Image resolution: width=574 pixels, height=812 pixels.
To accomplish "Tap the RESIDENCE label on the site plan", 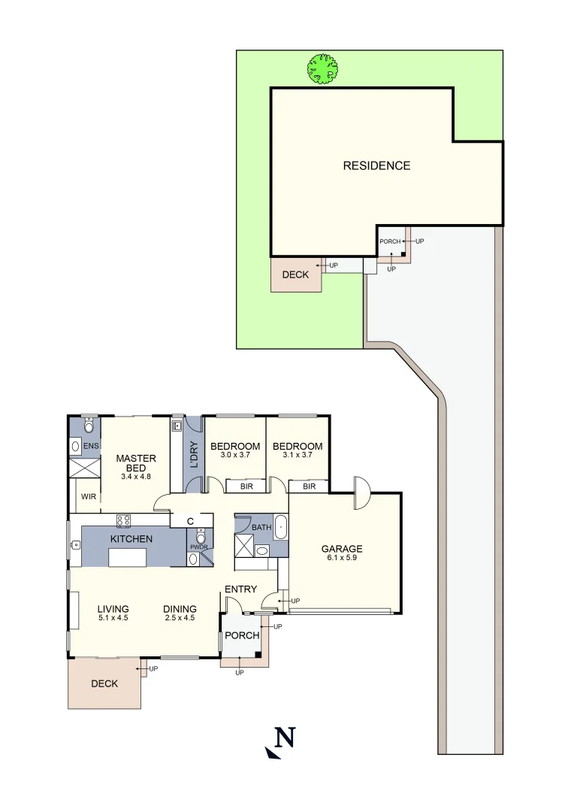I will [376, 165].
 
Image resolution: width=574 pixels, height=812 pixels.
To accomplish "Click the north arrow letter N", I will [283, 738].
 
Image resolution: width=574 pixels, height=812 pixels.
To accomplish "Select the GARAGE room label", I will [342, 549].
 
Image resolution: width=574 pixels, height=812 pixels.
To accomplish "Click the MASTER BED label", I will [136, 464].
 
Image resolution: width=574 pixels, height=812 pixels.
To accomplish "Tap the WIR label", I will [89, 497].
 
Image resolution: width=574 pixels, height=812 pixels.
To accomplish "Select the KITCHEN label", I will [131, 539].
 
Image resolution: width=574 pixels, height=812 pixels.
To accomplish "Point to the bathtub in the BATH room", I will [280, 527].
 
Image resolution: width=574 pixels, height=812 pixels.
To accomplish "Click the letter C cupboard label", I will [191, 520].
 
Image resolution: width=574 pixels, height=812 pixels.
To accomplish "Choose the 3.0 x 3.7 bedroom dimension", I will [235, 455].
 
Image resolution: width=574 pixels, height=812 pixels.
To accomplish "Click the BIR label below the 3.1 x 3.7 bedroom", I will [309, 486].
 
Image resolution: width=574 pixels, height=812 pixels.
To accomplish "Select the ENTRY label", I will [240, 589].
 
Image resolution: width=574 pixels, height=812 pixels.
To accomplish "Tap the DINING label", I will [180, 609].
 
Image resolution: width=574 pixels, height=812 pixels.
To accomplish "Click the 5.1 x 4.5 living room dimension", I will [113, 619].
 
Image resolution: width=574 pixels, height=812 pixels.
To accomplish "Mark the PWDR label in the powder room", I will [198, 547].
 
